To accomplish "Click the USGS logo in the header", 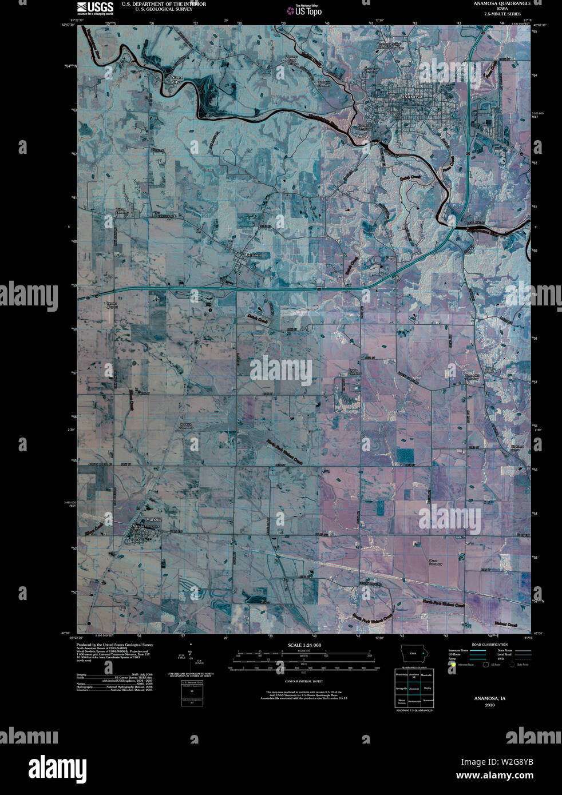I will click(x=94, y=7).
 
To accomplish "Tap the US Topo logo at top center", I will click(x=304, y=10).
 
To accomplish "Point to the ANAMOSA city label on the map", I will click(x=411, y=98).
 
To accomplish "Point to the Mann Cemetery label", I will click(x=436, y=562).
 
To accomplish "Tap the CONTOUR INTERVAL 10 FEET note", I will click(x=304, y=682).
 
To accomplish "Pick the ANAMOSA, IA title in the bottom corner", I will click(x=489, y=699).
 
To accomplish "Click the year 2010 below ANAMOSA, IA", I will click(x=489, y=705).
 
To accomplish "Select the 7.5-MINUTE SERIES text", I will click(x=502, y=14).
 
